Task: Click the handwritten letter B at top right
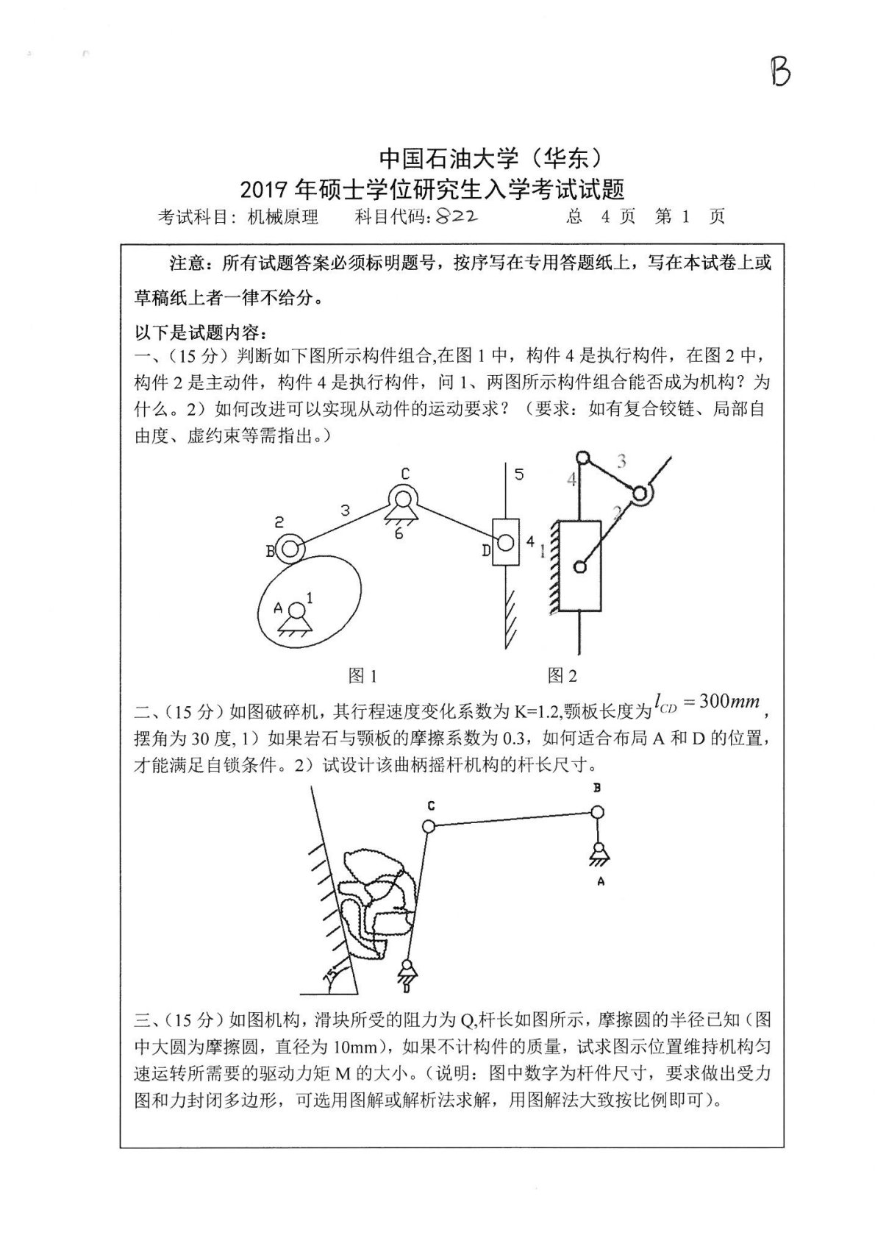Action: tap(780, 72)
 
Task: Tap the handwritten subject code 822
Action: tap(457, 216)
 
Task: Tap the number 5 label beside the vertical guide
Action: tap(519, 474)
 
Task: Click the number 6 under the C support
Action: tap(398, 533)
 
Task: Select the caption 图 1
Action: tap(362, 675)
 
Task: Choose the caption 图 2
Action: tap(562, 675)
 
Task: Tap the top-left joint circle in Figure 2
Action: tap(582, 458)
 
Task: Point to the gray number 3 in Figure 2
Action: tap(621, 462)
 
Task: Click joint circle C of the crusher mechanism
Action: tap(429, 826)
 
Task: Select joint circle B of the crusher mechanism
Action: tap(597, 811)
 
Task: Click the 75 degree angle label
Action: tap(330, 975)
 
